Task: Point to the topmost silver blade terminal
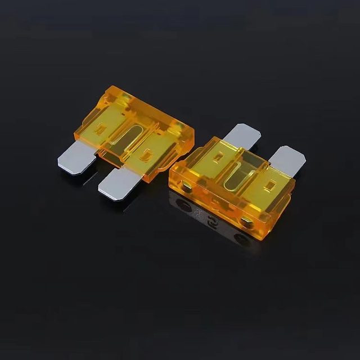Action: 243,135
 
